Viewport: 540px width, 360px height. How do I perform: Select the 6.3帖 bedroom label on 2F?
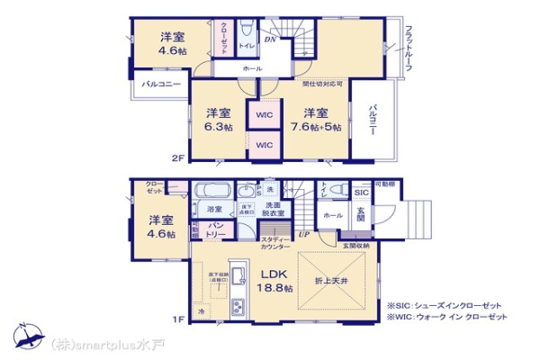219,120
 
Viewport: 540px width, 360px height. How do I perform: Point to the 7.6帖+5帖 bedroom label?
315,120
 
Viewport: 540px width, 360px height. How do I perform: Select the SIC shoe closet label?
361,193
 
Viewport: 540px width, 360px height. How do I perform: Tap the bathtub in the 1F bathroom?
214,191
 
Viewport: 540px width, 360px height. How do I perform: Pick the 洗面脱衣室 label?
274,210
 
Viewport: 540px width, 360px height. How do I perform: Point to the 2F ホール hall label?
253,68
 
